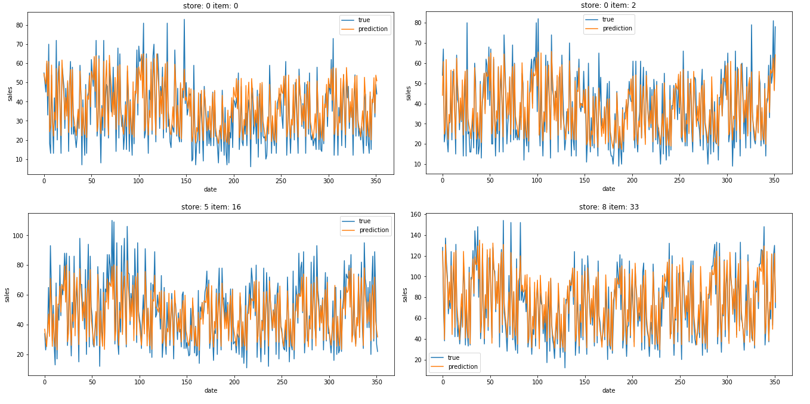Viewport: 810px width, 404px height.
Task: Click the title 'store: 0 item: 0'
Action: click(x=211, y=7)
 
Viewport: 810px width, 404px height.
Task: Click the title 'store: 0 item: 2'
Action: click(x=608, y=5)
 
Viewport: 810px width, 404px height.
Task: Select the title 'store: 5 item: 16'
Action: click(x=211, y=207)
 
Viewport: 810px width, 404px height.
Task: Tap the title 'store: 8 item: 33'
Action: click(x=608, y=207)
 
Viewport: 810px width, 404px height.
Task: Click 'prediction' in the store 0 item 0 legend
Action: click(x=373, y=29)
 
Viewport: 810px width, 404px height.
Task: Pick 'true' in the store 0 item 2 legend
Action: click(x=608, y=19)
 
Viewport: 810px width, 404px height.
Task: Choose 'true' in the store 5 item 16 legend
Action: click(x=364, y=221)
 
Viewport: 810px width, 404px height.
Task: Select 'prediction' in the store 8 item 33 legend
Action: click(x=462, y=366)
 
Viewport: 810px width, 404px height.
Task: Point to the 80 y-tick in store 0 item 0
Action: click(x=19, y=25)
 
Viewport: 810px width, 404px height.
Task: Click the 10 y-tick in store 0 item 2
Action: click(x=418, y=164)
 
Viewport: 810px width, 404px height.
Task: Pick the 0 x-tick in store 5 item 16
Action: click(x=44, y=382)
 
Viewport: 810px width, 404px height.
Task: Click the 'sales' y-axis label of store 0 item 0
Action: click(x=10, y=93)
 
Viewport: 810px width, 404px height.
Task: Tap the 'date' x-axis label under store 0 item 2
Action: click(x=608, y=189)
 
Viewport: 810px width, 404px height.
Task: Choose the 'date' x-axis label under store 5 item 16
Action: click(x=211, y=391)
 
